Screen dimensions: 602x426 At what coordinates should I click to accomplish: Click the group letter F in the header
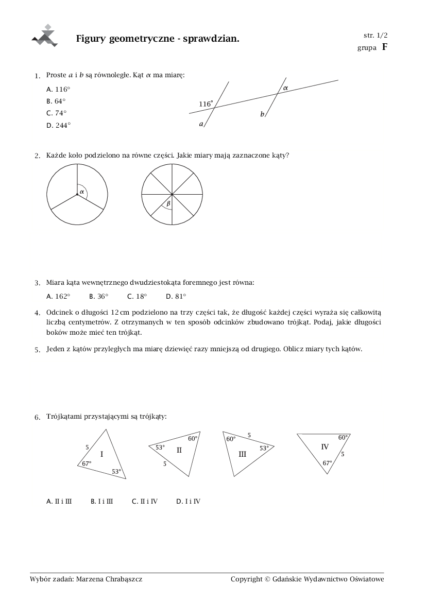point(384,47)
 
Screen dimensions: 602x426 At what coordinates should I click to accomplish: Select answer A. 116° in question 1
point(58,89)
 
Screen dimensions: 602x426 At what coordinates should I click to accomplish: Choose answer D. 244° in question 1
point(58,125)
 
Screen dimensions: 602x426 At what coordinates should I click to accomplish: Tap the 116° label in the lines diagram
point(206,104)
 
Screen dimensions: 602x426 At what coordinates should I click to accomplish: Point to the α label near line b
point(285,88)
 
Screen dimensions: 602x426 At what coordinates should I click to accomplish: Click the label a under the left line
point(201,124)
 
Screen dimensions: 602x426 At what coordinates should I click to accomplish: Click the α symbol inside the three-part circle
point(81,191)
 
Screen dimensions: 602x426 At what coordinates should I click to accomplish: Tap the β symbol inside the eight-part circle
point(168,204)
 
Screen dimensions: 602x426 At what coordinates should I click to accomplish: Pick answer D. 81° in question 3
point(176,297)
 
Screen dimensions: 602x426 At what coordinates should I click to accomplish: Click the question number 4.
point(37,313)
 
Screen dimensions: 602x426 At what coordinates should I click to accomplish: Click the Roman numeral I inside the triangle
point(101,454)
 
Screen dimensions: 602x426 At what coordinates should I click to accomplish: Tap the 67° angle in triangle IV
point(327,463)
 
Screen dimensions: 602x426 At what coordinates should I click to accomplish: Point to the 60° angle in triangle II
point(193,439)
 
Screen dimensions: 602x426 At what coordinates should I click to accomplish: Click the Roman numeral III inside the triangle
point(243,454)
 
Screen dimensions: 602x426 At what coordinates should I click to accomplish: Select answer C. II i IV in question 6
point(144,501)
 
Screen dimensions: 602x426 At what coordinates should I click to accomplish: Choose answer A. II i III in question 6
point(59,501)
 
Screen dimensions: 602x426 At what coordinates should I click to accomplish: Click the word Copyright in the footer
point(247,579)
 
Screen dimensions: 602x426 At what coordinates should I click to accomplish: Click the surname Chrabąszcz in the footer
point(123,579)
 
